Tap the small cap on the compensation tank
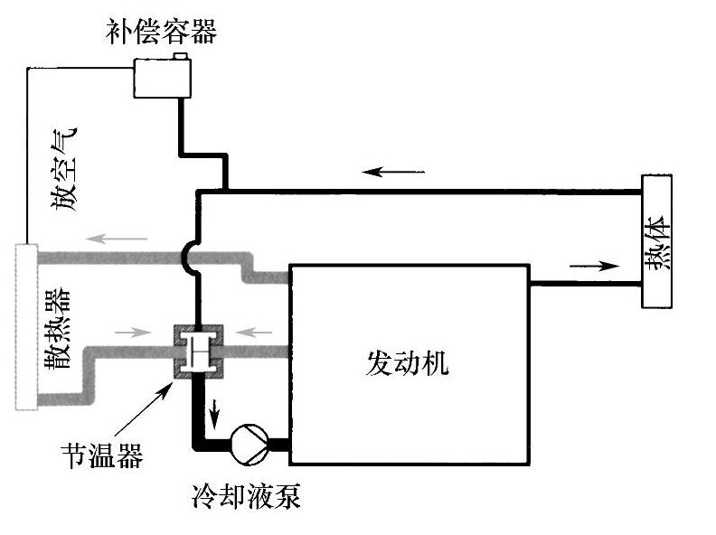pos(180,57)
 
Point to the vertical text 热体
pos(659,241)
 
